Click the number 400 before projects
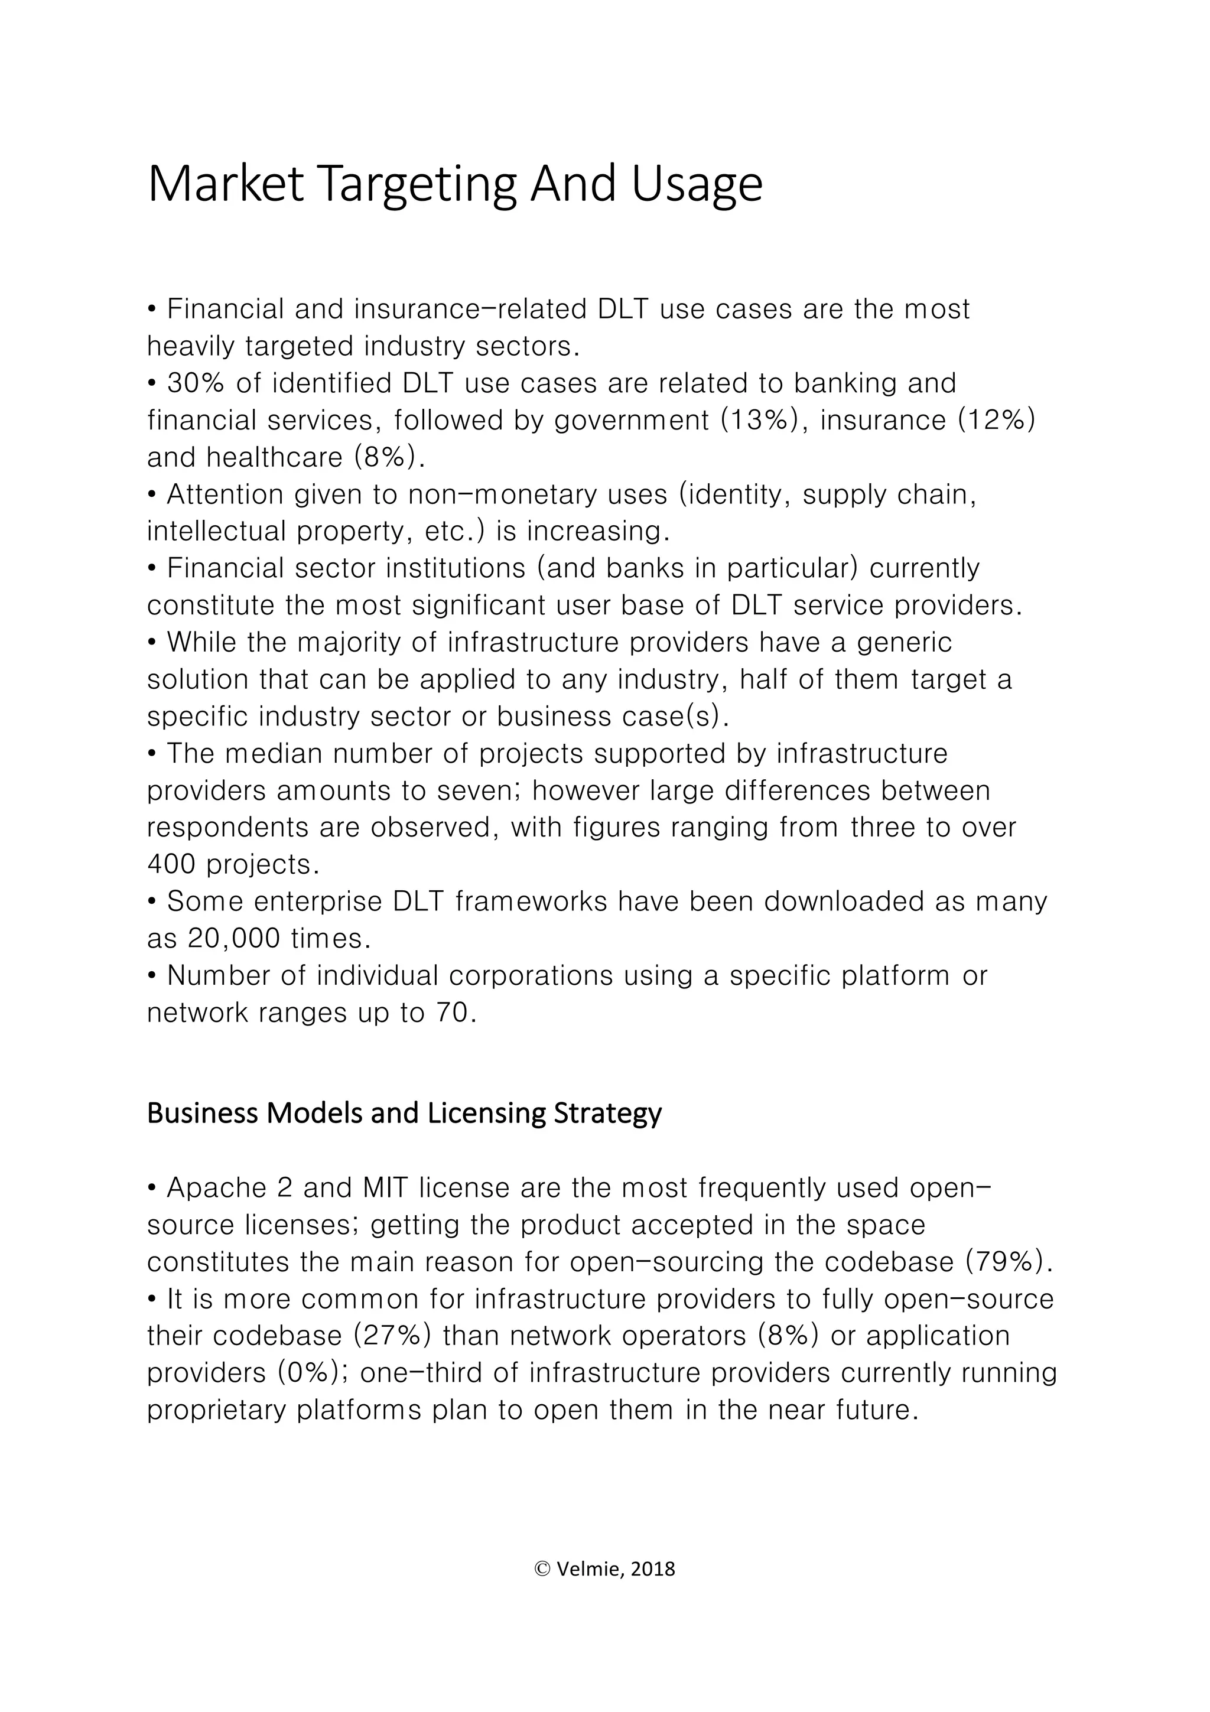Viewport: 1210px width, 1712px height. [171, 864]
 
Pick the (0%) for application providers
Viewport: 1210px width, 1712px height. [313, 1373]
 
